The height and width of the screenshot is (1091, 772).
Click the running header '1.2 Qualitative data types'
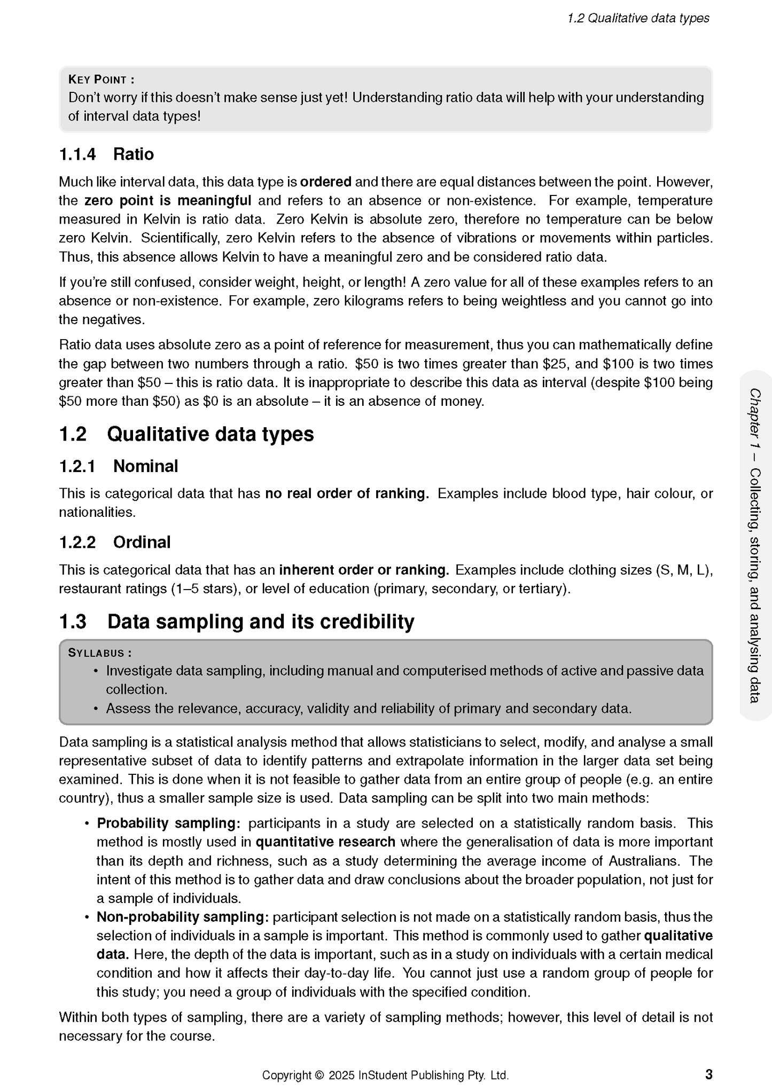[x=638, y=18]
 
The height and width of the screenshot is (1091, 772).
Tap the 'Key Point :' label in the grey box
[x=101, y=80]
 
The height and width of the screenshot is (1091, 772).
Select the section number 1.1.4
[x=77, y=154]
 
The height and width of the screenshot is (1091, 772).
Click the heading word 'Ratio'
[x=134, y=154]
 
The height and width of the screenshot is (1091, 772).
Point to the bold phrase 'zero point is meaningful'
[x=168, y=201]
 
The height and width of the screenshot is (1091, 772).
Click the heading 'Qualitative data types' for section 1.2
[x=210, y=434]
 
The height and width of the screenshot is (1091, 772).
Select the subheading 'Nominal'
[x=145, y=466]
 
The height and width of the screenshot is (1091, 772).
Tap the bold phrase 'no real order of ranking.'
[x=347, y=493]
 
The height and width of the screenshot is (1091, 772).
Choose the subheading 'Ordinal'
[x=142, y=543]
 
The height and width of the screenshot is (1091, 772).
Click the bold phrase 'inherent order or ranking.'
[x=364, y=570]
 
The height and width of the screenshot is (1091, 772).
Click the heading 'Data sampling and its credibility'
[x=261, y=622]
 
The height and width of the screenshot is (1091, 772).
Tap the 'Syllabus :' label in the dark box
[x=100, y=653]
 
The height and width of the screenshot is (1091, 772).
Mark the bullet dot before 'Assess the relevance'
[x=96, y=709]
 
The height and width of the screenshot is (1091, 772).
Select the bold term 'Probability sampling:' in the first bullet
[x=168, y=823]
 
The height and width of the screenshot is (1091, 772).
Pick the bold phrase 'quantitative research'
[x=325, y=842]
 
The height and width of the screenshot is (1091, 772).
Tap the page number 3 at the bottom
[x=708, y=1074]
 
